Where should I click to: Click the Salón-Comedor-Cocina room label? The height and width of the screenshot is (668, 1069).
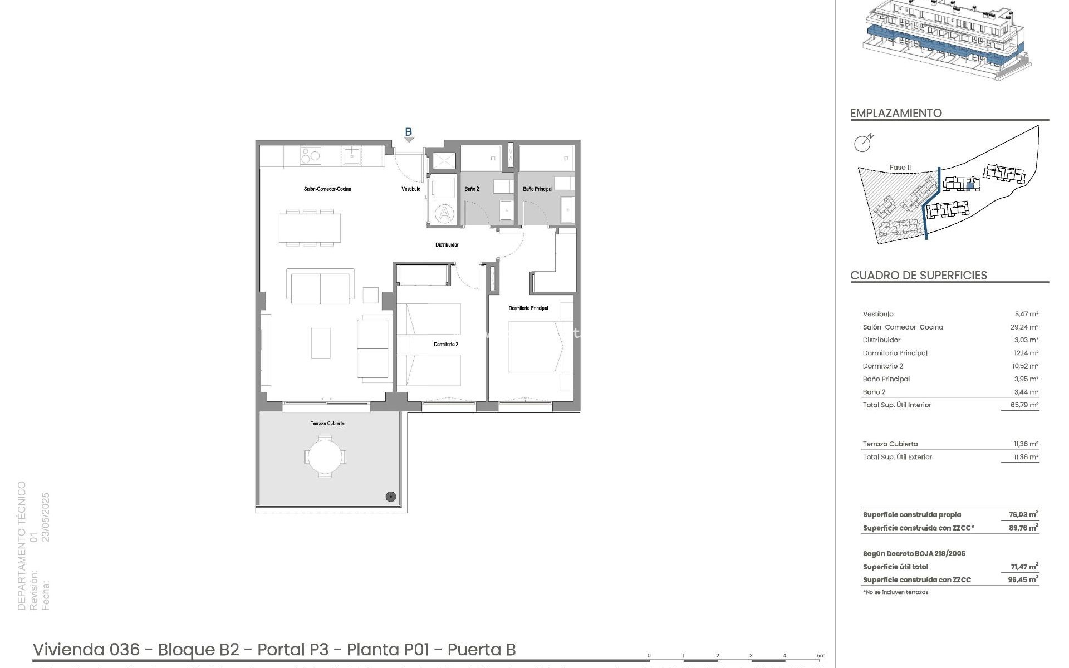(x=327, y=189)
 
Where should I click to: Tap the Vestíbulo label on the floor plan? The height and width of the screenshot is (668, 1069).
(x=411, y=189)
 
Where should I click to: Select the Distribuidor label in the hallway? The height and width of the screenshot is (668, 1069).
(x=447, y=245)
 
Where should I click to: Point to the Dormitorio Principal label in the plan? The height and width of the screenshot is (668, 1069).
(x=528, y=308)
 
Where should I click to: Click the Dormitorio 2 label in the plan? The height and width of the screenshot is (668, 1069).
(x=446, y=345)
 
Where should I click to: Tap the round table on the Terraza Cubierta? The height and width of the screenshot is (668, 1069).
(x=325, y=457)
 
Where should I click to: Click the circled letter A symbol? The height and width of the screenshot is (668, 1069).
(x=444, y=214)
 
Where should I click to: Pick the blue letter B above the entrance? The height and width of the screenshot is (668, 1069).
(x=408, y=132)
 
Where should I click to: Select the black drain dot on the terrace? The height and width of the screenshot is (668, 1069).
(x=391, y=497)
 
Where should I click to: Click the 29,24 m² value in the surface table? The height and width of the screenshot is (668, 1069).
(x=1024, y=327)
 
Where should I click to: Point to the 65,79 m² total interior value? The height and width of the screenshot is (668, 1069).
(x=1024, y=405)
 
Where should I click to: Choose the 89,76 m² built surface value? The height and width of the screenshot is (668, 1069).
(x=1023, y=528)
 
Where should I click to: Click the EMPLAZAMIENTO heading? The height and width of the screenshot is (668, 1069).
(x=896, y=113)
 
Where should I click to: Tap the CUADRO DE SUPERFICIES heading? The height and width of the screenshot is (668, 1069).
(x=919, y=276)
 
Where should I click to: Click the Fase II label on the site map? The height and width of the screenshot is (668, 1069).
(x=900, y=168)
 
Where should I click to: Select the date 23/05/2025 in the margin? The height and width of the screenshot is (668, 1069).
(x=46, y=517)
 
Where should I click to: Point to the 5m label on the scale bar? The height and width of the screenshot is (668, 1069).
(x=821, y=656)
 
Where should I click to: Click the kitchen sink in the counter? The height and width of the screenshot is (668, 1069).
(x=351, y=155)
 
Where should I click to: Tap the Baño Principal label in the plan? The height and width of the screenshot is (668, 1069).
(x=538, y=189)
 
